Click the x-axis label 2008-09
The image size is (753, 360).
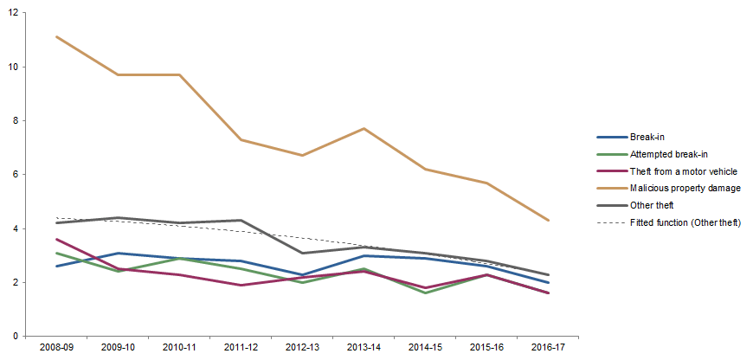pyautogui.click(x=55, y=346)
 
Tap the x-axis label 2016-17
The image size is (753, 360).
pyautogui.click(x=549, y=346)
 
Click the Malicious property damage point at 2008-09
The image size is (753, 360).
pyautogui.click(x=55, y=36)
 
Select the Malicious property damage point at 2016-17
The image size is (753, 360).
pyautogui.click(x=549, y=221)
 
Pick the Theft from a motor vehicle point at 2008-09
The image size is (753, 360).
pyautogui.click(x=55, y=239)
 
